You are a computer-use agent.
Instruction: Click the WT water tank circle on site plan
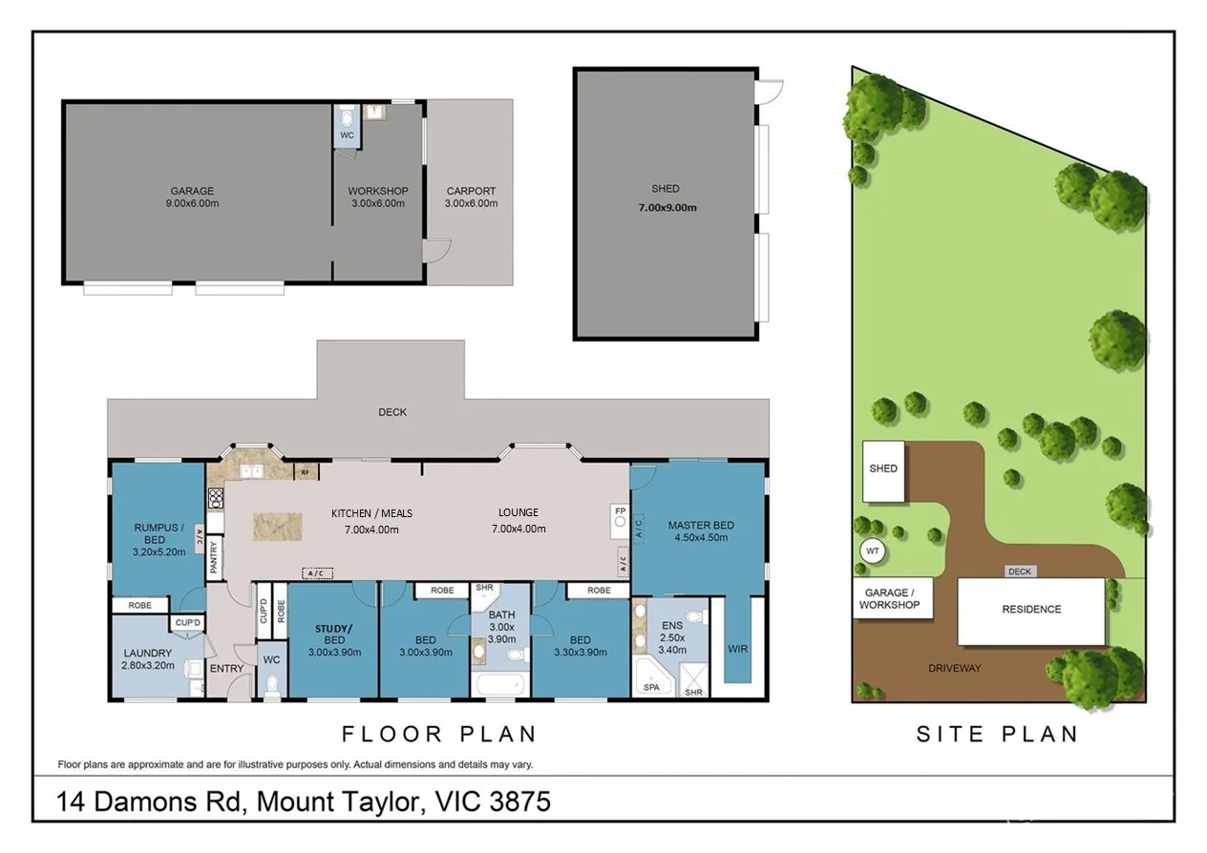pos(871,551)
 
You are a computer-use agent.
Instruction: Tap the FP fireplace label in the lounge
pos(620,512)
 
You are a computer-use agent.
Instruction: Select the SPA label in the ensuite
pos(652,686)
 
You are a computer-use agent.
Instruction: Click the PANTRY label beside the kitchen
pos(215,554)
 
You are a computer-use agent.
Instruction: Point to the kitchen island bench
pos(277,527)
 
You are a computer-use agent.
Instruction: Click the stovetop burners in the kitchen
pos(215,496)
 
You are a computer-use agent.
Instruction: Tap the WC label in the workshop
pos(348,135)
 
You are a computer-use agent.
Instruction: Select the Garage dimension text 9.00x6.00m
pos(192,203)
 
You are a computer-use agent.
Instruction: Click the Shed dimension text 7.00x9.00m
pos(667,207)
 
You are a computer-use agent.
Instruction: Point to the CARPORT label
pos(472,191)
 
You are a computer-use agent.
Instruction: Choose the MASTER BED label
pos(701,525)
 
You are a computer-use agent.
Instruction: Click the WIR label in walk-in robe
pos(737,649)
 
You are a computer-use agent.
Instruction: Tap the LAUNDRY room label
pos(147,654)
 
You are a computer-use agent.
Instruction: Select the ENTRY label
pos(226,668)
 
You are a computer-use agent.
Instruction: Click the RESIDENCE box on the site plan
pos(1031,610)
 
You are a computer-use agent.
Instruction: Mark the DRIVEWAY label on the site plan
pos(954,668)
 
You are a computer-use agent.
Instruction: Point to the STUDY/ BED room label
pos(333,634)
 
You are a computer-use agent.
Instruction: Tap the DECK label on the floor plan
pos(392,412)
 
